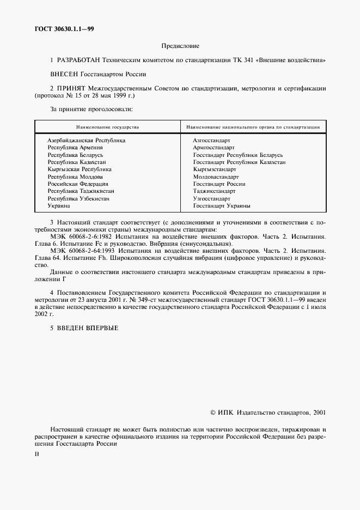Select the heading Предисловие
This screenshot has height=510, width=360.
[x=180, y=46]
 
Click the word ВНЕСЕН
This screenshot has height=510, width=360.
[x=64, y=74]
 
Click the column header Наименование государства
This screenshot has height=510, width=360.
[x=107, y=126]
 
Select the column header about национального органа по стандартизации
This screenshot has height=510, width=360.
[x=253, y=126]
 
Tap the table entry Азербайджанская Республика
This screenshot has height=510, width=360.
[x=86, y=141]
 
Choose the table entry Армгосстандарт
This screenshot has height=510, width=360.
[x=213, y=148]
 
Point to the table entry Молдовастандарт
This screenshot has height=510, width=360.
[x=216, y=177]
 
